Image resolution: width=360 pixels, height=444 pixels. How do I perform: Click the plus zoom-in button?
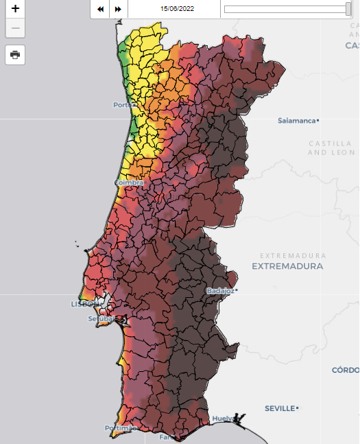pyautogui.click(x=15, y=10)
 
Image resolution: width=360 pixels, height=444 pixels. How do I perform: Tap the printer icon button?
pyautogui.click(x=15, y=55)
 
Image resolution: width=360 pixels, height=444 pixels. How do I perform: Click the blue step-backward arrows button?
pyautogui.click(x=101, y=9)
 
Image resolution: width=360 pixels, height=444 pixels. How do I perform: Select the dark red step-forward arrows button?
pyautogui.click(x=118, y=9)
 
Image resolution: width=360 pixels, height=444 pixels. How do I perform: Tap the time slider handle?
pyautogui.click(x=348, y=9)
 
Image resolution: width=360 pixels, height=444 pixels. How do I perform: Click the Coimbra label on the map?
pyautogui.click(x=129, y=183)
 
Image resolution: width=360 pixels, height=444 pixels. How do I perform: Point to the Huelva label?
pyautogui.click(x=222, y=418)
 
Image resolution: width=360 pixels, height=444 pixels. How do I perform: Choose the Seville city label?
pyautogui.click(x=280, y=408)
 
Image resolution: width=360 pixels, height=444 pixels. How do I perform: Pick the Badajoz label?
pyautogui.click(x=220, y=291)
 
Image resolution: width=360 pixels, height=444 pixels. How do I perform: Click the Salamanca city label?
pyautogui.click(x=297, y=120)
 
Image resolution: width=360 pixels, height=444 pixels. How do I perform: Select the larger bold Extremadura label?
pyautogui.click(x=287, y=266)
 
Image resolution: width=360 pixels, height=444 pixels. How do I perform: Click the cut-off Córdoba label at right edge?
pyautogui.click(x=346, y=370)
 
